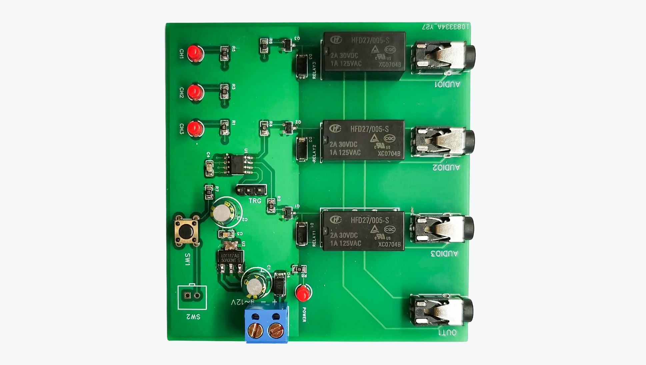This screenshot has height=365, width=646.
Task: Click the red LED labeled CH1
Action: pyautogui.click(x=195, y=53)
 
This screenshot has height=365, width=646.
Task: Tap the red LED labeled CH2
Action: pyautogui.click(x=195, y=92)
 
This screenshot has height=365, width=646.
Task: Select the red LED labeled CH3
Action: pyautogui.click(x=195, y=129)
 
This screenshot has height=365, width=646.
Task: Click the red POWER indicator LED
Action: pyautogui.click(x=303, y=293)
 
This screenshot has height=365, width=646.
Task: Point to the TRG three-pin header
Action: pyautogui.click(x=251, y=190)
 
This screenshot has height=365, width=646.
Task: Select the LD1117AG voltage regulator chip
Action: pyautogui.click(x=230, y=258)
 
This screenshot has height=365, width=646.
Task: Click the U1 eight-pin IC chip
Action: pyautogui.click(x=237, y=164)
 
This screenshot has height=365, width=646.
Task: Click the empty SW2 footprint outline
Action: pyautogui.click(x=192, y=297)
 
